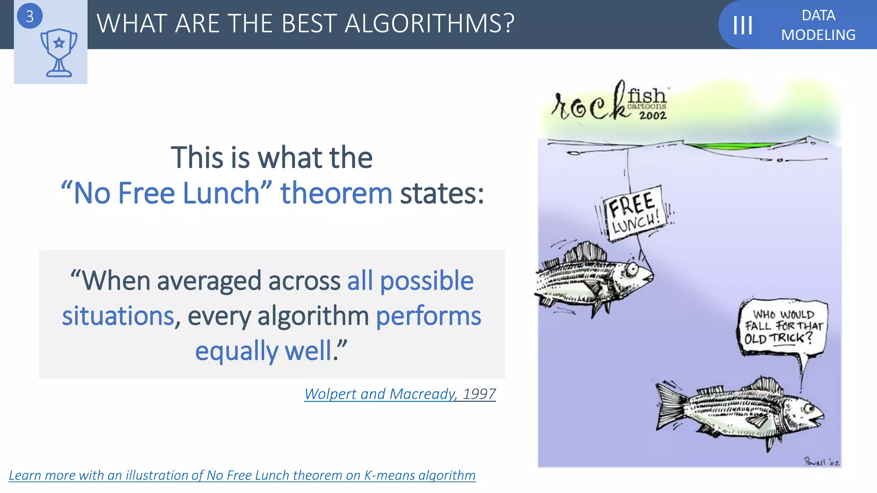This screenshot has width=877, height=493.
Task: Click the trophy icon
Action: pyautogui.click(x=59, y=53)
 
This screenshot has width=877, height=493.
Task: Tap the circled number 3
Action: pyautogui.click(x=30, y=16)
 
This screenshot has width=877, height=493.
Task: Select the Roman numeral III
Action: pyautogui.click(x=743, y=25)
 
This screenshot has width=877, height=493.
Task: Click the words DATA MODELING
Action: pyautogui.click(x=818, y=25)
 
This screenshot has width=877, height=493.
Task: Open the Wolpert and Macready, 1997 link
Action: pyautogui.click(x=400, y=394)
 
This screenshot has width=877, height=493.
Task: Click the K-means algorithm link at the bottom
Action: pyautogui.click(x=242, y=475)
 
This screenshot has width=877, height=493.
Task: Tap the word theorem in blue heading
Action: pyautogui.click(x=336, y=193)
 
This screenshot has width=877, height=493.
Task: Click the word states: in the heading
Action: pyautogui.click(x=442, y=193)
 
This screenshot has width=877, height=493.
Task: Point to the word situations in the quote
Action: pyautogui.click(x=118, y=316)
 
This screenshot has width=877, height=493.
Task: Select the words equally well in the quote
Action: pyautogui.click(x=263, y=350)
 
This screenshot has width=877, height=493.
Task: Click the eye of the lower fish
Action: pyautogui.click(x=808, y=408)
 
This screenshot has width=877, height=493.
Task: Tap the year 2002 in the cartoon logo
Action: pyautogui.click(x=653, y=116)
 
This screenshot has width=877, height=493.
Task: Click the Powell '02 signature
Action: pyautogui.click(x=821, y=462)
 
